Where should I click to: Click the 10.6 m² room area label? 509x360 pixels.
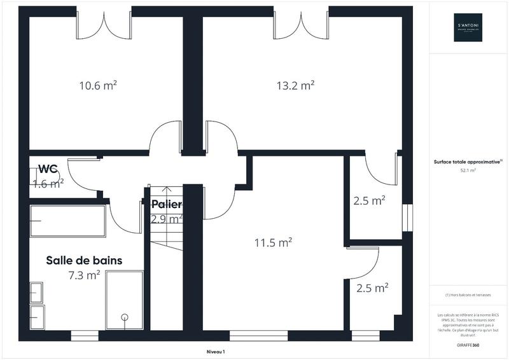[x=97, y=85]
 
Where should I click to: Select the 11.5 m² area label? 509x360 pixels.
[x=273, y=242]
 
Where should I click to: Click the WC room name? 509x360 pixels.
[x=48, y=169]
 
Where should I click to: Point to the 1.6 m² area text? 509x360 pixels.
[x=48, y=184]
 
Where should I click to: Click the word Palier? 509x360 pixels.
[x=167, y=205]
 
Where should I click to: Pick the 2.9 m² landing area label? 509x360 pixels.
[x=167, y=219]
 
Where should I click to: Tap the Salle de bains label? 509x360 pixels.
[x=84, y=261]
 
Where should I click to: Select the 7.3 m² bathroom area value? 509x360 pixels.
[x=84, y=275]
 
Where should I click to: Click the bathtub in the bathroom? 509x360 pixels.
[x=67, y=221]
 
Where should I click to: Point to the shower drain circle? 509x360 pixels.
[x=125, y=317]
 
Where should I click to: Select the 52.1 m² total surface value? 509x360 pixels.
[x=468, y=170]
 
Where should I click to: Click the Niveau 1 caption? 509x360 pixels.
[x=216, y=351]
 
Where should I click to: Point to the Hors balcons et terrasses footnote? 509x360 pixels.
[x=468, y=295]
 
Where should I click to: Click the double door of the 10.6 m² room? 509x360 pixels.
[x=104, y=24]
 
